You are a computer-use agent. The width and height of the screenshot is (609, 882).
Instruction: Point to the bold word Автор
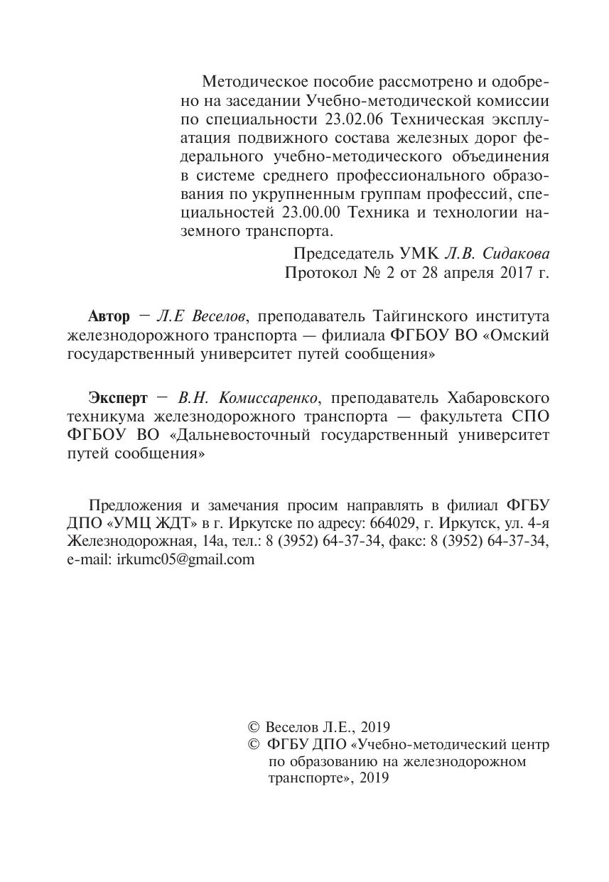click(109, 316)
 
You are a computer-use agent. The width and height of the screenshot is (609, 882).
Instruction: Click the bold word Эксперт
click(118, 397)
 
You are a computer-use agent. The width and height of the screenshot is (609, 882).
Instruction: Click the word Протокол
click(318, 272)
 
